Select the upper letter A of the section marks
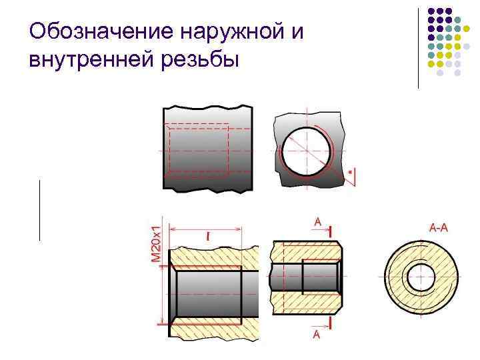(317, 221)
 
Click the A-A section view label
(437, 228)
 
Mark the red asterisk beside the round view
(351, 172)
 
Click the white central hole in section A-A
(420, 277)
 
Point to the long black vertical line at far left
(39, 209)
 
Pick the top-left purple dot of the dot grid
(431, 11)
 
